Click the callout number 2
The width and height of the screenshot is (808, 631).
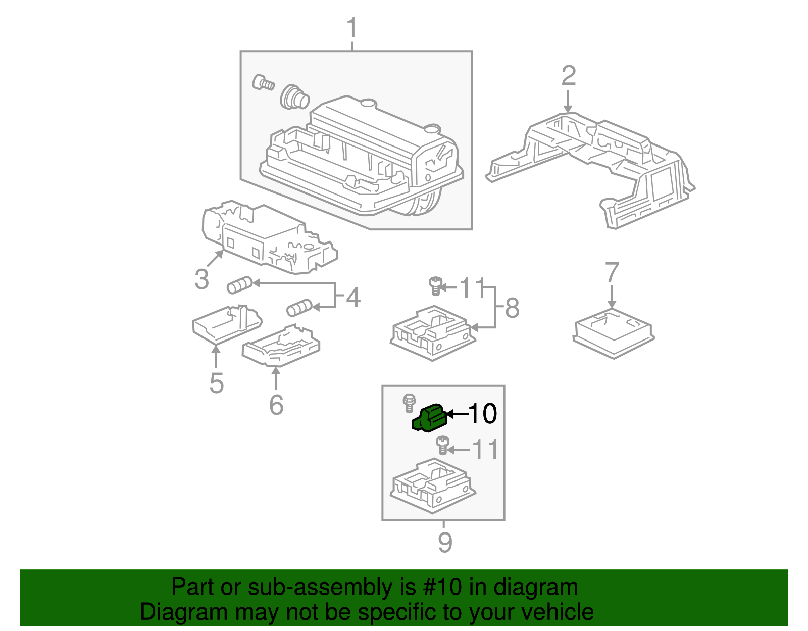click(569, 76)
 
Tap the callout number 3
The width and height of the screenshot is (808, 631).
click(201, 279)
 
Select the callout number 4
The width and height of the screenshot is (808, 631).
click(353, 297)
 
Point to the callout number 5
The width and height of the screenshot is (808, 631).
click(216, 383)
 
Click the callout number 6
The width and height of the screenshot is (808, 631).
click(276, 405)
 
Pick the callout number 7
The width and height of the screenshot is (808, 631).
click(612, 273)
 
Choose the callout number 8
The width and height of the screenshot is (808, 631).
click(512, 308)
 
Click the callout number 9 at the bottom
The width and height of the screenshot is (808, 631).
click(444, 542)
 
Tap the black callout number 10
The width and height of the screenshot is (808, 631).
click(483, 414)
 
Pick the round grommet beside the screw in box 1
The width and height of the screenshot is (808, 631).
click(294, 97)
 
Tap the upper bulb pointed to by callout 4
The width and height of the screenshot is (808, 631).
click(239, 285)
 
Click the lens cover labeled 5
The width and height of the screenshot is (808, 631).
click(226, 323)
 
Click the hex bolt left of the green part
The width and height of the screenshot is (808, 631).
click(408, 403)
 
